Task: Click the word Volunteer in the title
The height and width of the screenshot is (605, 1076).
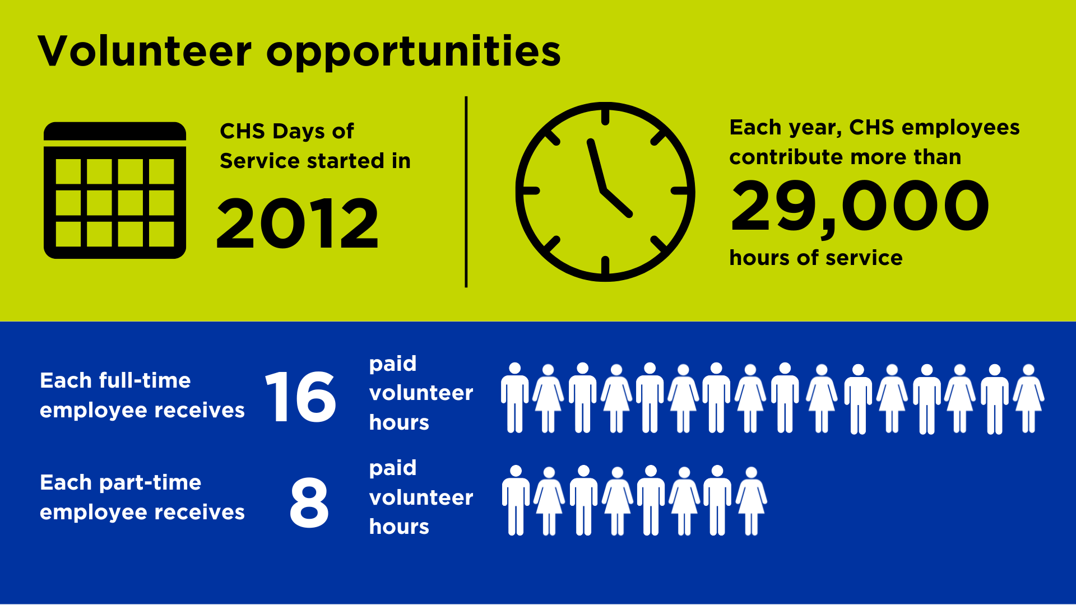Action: (x=145, y=52)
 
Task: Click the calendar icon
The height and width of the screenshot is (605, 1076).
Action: (x=115, y=190)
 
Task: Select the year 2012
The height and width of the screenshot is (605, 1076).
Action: (x=298, y=224)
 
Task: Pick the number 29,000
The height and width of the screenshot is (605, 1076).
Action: (x=860, y=206)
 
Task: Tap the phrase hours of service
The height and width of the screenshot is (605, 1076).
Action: (x=815, y=258)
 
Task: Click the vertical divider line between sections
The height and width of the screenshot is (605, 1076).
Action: (x=466, y=192)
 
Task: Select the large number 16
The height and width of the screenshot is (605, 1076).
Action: (x=301, y=397)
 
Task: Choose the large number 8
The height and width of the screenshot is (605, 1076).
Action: (x=309, y=502)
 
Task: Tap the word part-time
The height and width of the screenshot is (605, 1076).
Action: (x=150, y=483)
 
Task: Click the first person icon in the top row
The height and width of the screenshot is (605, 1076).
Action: (x=514, y=398)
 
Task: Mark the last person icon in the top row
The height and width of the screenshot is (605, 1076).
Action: (x=1028, y=398)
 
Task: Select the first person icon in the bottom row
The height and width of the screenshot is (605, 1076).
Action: (x=516, y=500)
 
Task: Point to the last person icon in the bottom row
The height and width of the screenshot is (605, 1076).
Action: (x=751, y=500)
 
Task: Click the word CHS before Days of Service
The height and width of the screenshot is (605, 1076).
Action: (x=242, y=132)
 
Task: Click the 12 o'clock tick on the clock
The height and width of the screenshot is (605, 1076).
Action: (x=605, y=117)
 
